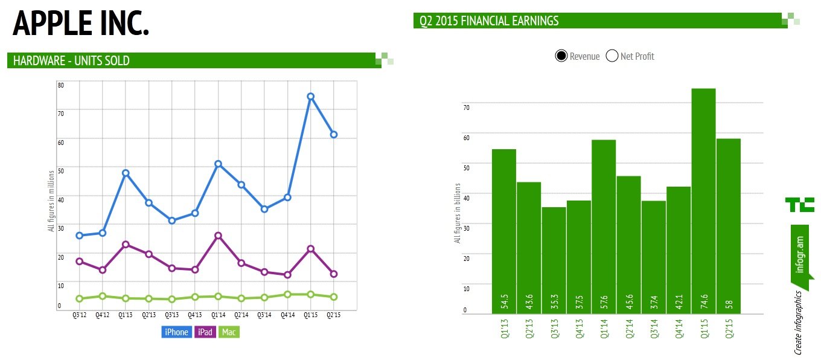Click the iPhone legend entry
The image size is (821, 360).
click(x=176, y=332)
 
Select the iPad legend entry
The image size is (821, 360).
click(x=205, y=332)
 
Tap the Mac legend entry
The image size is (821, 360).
click(x=229, y=332)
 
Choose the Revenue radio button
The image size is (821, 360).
click(x=561, y=56)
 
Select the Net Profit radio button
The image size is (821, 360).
click(x=612, y=56)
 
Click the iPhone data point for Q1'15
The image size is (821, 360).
click(x=310, y=97)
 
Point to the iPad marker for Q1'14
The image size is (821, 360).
click(x=218, y=236)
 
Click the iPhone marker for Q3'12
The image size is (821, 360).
click(x=80, y=236)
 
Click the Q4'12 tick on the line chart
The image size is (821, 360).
click(x=103, y=315)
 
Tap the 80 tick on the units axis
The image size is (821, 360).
click(x=60, y=85)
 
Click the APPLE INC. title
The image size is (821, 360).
click(x=81, y=24)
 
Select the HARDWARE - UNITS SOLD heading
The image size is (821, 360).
click(x=71, y=60)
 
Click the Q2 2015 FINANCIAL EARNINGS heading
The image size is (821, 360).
click(x=490, y=21)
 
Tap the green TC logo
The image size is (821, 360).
click(x=799, y=204)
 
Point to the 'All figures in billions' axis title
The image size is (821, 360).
click(x=458, y=213)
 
